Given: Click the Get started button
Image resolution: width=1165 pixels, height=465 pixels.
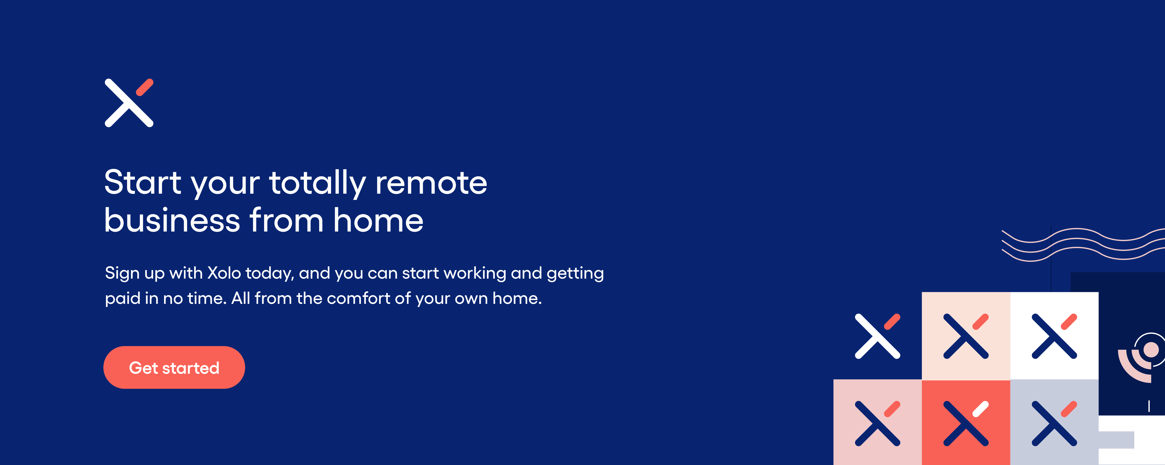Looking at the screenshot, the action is (x=174, y=367).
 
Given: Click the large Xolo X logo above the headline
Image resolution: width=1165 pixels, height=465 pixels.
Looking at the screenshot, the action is (x=129, y=103).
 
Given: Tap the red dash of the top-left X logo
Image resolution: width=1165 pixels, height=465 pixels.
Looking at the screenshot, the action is (x=145, y=87).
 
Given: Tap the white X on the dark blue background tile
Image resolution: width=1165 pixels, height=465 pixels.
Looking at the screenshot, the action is (x=877, y=336).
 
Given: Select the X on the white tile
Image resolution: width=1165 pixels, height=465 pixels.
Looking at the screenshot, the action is (x=1054, y=336).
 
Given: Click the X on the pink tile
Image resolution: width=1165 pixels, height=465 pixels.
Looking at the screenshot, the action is (x=877, y=423).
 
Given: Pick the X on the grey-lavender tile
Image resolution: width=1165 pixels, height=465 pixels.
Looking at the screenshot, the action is (x=1054, y=423).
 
